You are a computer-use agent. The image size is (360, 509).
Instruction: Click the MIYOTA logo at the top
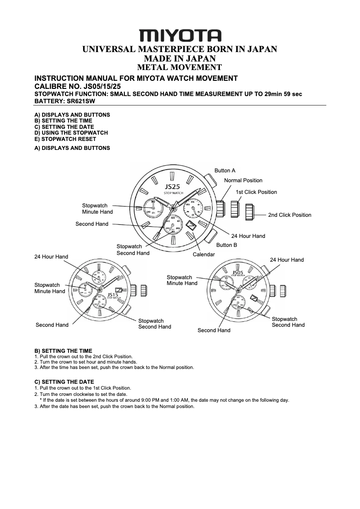(180, 35)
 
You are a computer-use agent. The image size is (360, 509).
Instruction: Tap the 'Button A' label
(225, 171)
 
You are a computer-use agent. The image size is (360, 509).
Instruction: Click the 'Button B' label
(227, 245)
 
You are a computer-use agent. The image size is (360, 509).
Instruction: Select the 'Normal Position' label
(243, 180)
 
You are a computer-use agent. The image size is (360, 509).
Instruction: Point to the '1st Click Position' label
(256, 192)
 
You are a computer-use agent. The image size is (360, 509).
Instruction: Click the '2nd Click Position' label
(290, 215)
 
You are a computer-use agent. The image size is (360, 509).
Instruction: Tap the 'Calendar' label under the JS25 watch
(204, 254)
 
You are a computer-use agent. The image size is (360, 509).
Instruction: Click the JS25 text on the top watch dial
(173, 186)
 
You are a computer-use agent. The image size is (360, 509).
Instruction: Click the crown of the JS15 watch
(144, 290)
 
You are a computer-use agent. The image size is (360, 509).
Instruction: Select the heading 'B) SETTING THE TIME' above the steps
(63, 351)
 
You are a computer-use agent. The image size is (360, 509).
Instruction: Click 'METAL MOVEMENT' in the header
(180, 68)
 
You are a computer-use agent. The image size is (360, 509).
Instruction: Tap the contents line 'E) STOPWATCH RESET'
(65, 139)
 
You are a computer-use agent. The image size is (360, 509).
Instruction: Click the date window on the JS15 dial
(119, 290)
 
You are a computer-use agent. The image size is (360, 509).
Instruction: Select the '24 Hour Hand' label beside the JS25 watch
(248, 236)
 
